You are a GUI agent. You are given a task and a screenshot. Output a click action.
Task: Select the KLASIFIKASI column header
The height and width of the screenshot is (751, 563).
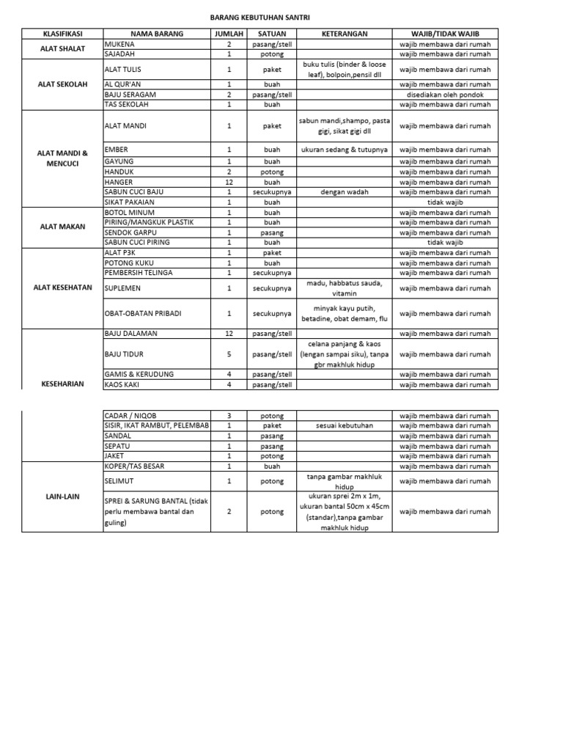[x=62, y=34]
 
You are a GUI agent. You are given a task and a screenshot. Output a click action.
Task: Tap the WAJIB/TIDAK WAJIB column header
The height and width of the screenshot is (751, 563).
[x=445, y=34]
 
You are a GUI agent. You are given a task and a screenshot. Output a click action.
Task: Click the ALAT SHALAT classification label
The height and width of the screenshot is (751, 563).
[x=62, y=49]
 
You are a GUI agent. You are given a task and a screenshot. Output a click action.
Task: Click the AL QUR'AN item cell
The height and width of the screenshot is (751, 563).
[x=125, y=84]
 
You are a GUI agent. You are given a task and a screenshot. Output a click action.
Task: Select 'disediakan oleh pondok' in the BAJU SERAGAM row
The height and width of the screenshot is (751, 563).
[x=445, y=95]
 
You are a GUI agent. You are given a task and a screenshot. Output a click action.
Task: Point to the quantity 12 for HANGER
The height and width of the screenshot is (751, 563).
[x=229, y=182]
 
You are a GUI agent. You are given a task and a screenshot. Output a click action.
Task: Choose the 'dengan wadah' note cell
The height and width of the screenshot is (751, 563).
[x=344, y=192]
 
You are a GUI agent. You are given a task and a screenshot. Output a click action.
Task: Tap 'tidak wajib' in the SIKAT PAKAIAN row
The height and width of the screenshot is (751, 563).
[x=445, y=202]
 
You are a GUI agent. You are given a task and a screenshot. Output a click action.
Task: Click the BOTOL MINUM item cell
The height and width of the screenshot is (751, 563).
[x=130, y=212]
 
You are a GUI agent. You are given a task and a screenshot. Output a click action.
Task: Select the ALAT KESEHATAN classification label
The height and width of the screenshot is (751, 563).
[x=62, y=287]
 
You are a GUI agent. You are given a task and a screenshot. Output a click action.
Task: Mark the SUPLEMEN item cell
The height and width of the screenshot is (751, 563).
[x=122, y=288]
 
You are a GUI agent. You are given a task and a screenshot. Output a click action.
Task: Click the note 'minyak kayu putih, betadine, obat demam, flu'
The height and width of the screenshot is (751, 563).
[x=344, y=313]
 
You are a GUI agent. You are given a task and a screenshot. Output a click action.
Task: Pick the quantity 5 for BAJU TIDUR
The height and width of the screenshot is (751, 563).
[x=229, y=354]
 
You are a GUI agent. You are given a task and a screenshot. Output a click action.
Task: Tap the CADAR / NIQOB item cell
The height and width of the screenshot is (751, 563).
[x=133, y=415]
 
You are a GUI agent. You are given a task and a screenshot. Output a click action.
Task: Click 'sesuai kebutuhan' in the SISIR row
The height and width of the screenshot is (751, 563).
[x=344, y=425]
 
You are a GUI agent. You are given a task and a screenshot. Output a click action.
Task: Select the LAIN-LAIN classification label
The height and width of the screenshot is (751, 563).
[x=62, y=497]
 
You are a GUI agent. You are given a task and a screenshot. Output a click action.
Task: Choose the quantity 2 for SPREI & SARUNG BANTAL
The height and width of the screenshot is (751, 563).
[x=229, y=511]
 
